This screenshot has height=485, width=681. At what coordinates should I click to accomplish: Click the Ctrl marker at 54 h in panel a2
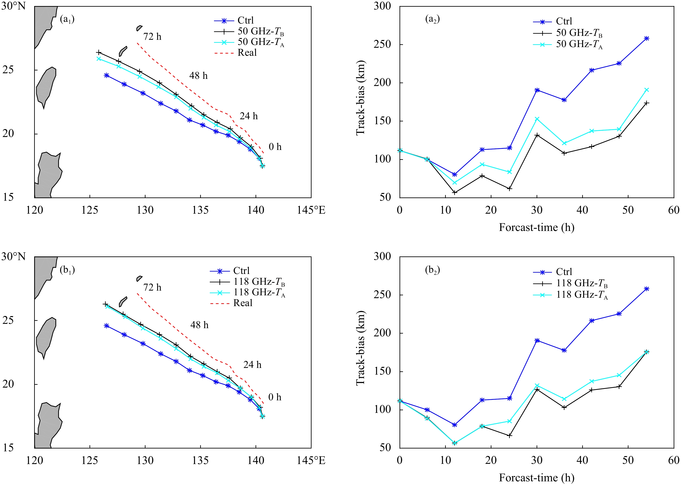click(646, 38)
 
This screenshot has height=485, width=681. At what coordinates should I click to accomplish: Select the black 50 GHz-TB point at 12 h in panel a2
click(454, 193)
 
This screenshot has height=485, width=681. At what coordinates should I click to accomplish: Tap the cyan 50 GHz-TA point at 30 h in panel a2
click(537, 119)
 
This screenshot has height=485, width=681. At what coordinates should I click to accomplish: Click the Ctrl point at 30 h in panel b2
click(537, 340)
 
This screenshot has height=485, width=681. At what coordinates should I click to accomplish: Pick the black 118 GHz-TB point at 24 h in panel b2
click(510, 436)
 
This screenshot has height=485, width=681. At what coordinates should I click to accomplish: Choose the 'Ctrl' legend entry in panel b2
click(564, 272)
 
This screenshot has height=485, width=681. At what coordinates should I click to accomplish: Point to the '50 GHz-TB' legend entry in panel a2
click(579, 33)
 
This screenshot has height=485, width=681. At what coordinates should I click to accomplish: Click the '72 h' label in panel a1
click(152, 37)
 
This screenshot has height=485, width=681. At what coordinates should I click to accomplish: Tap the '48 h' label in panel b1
click(199, 325)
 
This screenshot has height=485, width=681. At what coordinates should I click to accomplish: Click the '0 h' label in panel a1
click(275, 147)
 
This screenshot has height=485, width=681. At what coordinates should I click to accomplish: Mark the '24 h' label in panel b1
click(252, 365)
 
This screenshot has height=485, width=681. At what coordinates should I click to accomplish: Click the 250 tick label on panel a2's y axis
click(382, 45)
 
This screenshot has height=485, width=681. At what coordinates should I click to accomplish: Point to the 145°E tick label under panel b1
click(311, 461)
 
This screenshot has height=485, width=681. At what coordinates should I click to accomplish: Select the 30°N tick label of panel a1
click(13, 6)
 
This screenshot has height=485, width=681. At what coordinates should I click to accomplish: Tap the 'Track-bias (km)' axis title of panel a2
click(361, 98)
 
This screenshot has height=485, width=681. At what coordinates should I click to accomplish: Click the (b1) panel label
click(67, 270)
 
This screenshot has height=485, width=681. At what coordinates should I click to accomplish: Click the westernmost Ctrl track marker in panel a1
click(106, 76)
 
